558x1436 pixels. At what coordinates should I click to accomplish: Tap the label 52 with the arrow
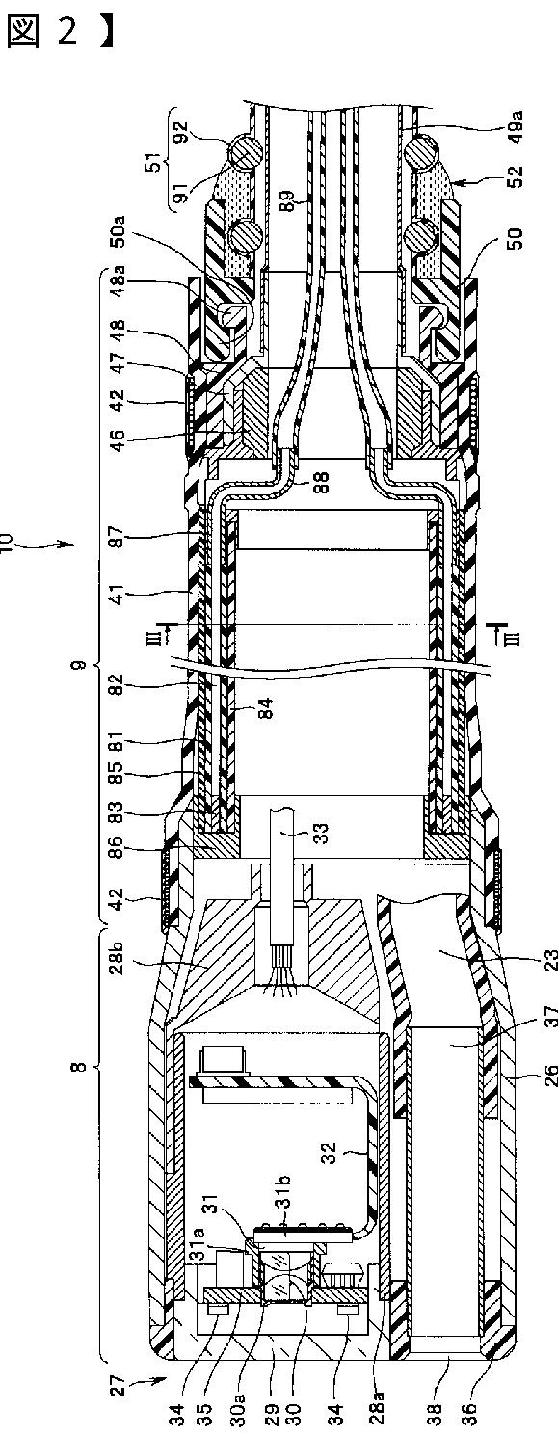(x=518, y=176)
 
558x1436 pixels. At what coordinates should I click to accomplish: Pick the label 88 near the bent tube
(x=321, y=482)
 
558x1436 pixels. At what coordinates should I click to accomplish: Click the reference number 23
(x=551, y=963)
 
